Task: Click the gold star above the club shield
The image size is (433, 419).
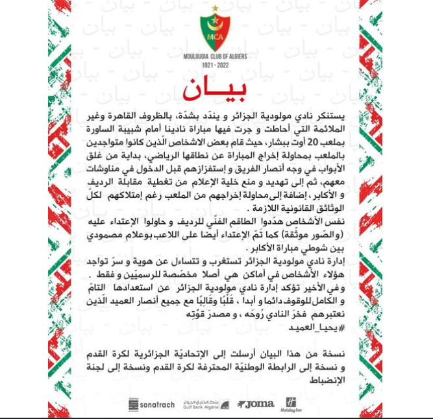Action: (217, 8)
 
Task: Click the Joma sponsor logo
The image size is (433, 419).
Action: (254, 404)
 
